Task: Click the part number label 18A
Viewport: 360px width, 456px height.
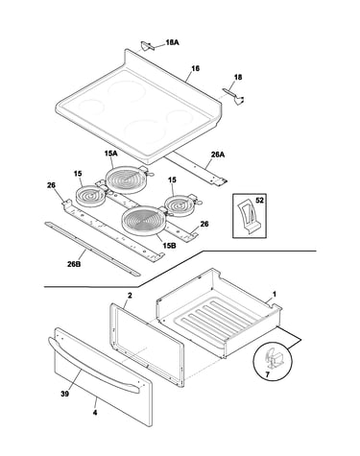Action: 172,42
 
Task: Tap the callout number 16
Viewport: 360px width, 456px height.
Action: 196,68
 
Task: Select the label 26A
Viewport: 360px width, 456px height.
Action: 218,155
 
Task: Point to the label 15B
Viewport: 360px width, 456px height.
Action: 169,246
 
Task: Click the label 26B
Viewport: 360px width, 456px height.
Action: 74,264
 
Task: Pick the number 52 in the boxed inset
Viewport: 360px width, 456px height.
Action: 259,201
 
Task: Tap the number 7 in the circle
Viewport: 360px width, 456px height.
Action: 267,373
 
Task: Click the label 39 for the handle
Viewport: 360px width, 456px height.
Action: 64,394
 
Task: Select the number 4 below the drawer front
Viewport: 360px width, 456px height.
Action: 95,413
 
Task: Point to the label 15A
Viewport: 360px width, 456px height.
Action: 110,154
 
